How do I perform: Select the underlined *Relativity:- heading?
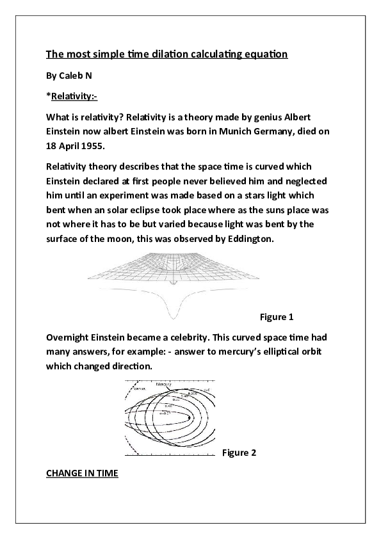pos(72,97)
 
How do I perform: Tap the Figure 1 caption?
pos(276,317)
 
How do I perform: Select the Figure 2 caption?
pos(239,453)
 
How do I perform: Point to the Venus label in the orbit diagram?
pos(139,388)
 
